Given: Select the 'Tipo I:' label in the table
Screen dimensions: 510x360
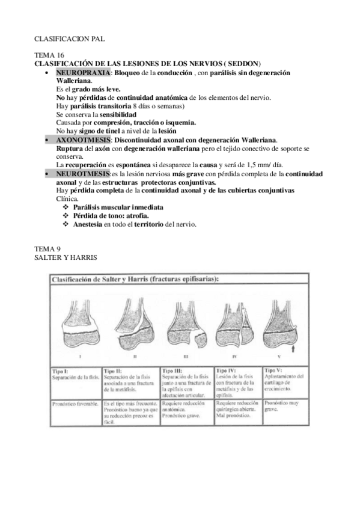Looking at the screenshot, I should pyautogui.click(x=60, y=370).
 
